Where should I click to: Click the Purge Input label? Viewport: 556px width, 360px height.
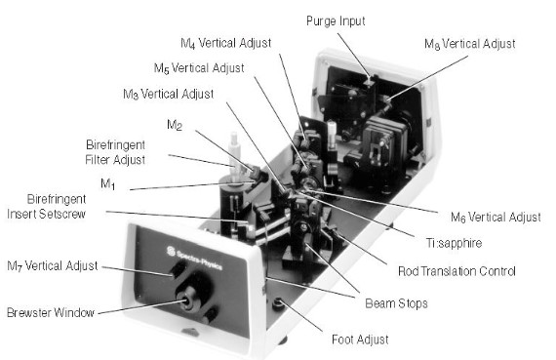[x=336, y=21]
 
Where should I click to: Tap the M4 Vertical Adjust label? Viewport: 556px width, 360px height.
[x=226, y=43]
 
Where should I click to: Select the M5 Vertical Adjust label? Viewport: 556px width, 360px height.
[x=199, y=68]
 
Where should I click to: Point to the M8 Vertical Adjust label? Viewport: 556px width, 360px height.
[x=470, y=44]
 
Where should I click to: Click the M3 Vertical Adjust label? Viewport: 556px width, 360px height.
[x=168, y=94]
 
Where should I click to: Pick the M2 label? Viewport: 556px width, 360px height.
[x=175, y=125]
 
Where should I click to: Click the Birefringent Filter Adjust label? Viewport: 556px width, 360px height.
[x=115, y=152]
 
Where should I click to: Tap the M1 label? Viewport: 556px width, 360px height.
[x=108, y=183]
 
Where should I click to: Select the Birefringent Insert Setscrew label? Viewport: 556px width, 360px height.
[x=47, y=207]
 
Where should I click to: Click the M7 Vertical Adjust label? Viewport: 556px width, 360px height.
[x=52, y=266]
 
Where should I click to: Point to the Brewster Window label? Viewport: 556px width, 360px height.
[x=51, y=312]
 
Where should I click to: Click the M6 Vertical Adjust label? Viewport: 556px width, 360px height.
[x=496, y=217]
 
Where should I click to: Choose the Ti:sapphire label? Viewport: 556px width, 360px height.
[x=454, y=243]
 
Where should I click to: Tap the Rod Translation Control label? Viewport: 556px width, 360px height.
[x=457, y=271]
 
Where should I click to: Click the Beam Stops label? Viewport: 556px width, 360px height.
[x=396, y=303]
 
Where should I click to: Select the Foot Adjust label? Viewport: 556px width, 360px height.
[x=360, y=340]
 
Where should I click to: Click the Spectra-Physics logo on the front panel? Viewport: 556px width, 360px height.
[x=194, y=258]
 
